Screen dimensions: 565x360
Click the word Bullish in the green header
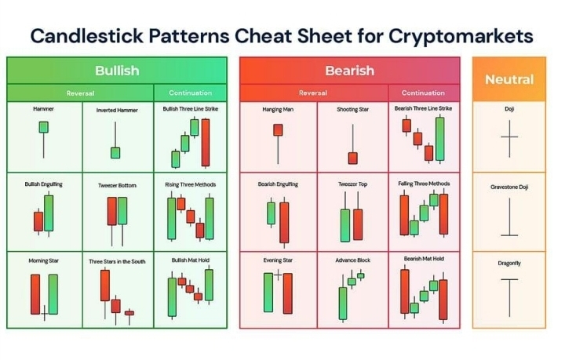117,71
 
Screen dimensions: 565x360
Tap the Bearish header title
349,71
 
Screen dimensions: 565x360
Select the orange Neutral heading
509,79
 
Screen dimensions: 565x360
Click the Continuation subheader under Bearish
423,93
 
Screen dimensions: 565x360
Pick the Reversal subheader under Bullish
80,93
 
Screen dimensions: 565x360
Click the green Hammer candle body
44,127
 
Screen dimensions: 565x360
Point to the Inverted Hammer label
117,110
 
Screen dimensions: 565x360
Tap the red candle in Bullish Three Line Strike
206,143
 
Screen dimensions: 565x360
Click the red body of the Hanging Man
278,130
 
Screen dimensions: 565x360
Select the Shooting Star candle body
353,158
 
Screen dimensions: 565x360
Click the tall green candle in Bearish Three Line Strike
440,139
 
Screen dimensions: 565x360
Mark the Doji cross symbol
509,138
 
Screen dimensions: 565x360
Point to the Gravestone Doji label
509,187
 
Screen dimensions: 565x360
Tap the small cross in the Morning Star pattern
44,314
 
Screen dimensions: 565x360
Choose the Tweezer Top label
352,184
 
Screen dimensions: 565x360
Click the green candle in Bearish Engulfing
271,213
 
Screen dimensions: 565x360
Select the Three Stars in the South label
117,261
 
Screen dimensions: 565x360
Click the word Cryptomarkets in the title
461,36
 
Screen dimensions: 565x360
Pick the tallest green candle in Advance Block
343,303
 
